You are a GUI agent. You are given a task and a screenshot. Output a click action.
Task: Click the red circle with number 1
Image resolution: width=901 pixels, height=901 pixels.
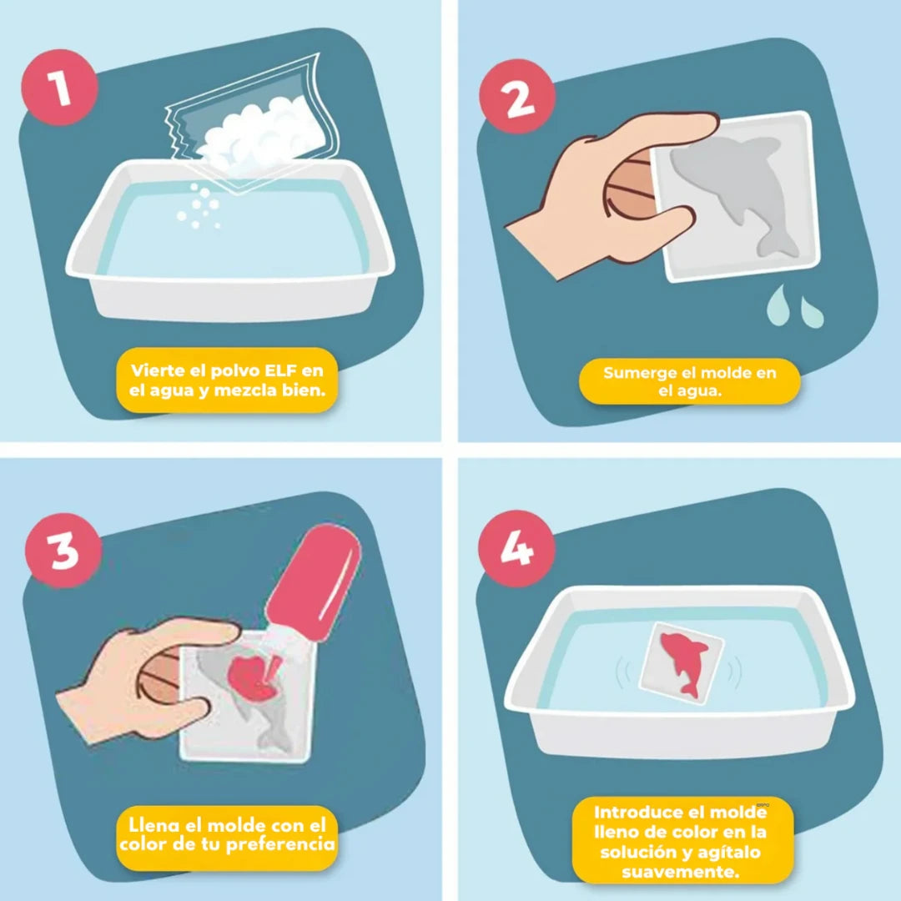click(59, 88)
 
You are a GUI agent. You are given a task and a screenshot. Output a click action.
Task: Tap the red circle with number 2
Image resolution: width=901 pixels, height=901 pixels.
click(517, 97)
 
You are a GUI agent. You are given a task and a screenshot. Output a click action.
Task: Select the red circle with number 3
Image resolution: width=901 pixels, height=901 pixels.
click(63, 550)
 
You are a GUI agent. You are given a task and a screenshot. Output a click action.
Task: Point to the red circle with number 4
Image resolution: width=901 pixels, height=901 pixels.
click(516, 548)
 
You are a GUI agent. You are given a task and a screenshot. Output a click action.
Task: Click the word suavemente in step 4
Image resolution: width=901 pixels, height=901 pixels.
click(681, 872)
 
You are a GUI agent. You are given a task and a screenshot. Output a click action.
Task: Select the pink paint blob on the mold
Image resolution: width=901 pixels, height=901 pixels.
click(253, 678)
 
